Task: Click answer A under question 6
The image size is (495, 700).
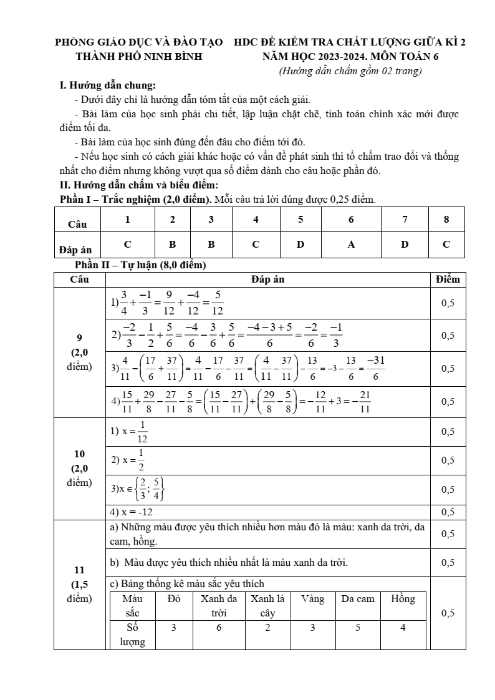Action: (351, 245)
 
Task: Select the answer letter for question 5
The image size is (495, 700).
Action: (300, 245)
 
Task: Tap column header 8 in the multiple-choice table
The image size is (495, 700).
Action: (446, 219)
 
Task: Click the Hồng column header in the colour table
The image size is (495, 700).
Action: (403, 599)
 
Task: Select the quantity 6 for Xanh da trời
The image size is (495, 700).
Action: (219, 628)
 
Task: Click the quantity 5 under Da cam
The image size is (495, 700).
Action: (358, 628)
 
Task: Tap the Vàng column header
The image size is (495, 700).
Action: (312, 599)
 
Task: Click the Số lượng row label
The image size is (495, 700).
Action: (132, 634)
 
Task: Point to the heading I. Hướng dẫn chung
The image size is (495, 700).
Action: (107, 85)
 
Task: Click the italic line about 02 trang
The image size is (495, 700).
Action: (350, 71)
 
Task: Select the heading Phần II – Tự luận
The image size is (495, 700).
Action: (139, 265)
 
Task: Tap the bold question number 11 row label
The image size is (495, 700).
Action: (79, 570)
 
